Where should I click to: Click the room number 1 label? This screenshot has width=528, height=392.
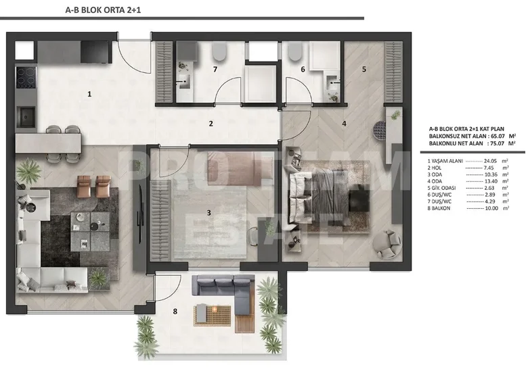(89, 95)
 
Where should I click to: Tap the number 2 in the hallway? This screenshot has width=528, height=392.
(211, 124)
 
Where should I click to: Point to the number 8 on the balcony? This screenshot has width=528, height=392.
(175, 312)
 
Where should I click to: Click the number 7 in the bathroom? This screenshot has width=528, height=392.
(215, 69)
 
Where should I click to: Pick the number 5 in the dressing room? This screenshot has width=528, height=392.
(364, 69)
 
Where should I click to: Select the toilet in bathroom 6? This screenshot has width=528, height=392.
(296, 52)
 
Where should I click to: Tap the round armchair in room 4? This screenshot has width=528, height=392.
(389, 241)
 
